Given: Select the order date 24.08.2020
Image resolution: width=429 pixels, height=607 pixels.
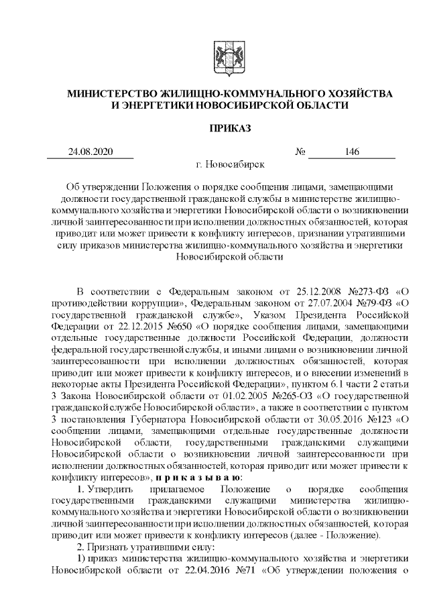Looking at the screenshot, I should [90, 152].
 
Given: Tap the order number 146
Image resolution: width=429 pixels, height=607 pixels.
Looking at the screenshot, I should [352, 152].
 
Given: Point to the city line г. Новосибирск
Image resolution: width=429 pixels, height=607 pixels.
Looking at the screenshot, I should [230, 164].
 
